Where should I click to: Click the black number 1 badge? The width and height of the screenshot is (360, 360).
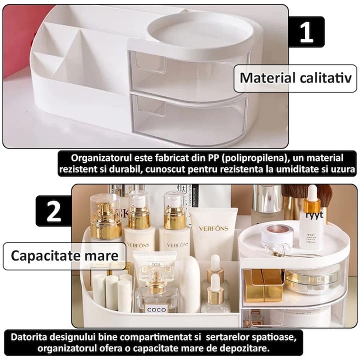[x=305, y=32]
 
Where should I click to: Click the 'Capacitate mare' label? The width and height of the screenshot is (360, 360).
[x=64, y=256]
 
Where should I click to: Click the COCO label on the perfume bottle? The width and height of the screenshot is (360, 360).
[x=156, y=309]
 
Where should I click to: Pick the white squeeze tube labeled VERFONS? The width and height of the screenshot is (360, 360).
[x=213, y=235]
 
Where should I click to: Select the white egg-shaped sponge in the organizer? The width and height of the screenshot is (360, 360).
[x=189, y=285]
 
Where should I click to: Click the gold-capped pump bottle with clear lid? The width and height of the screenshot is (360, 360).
[x=105, y=217]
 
